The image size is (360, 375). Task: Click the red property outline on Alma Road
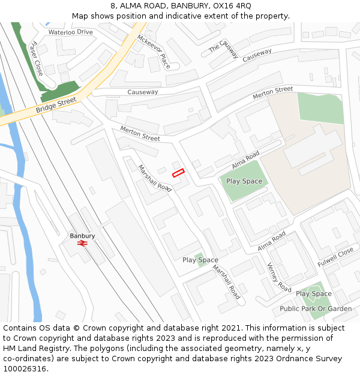coord(178,173)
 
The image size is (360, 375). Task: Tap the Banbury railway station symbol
coord(82,244)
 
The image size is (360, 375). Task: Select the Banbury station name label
coord(82,236)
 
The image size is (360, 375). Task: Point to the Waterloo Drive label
coord(71,32)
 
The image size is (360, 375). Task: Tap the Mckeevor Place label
coord(154,50)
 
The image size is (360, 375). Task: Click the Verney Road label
coord(279,277)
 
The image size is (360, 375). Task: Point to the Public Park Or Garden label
coord(316,309)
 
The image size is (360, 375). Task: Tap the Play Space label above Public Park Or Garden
coord(313,294)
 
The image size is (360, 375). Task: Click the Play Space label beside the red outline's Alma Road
coord(244,181)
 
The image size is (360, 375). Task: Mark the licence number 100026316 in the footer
coord(25,369)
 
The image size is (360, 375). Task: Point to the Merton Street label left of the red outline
coord(140,133)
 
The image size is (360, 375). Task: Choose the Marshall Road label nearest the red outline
coord(155,178)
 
